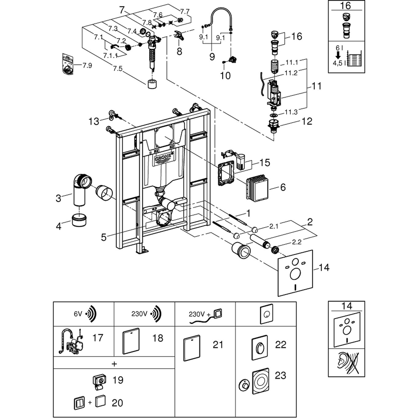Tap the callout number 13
[94, 121]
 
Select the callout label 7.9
[87, 65]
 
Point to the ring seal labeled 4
[79, 220]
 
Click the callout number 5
[104, 237]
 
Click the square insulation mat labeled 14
[295, 273]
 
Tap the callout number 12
[307, 121]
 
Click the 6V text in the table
[78, 314]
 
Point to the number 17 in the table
[98, 338]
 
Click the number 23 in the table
[280, 375]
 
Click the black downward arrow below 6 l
[338, 55]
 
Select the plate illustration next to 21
[192, 348]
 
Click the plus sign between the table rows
[114, 364]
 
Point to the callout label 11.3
[291, 112]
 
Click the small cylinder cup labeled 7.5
[152, 84]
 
